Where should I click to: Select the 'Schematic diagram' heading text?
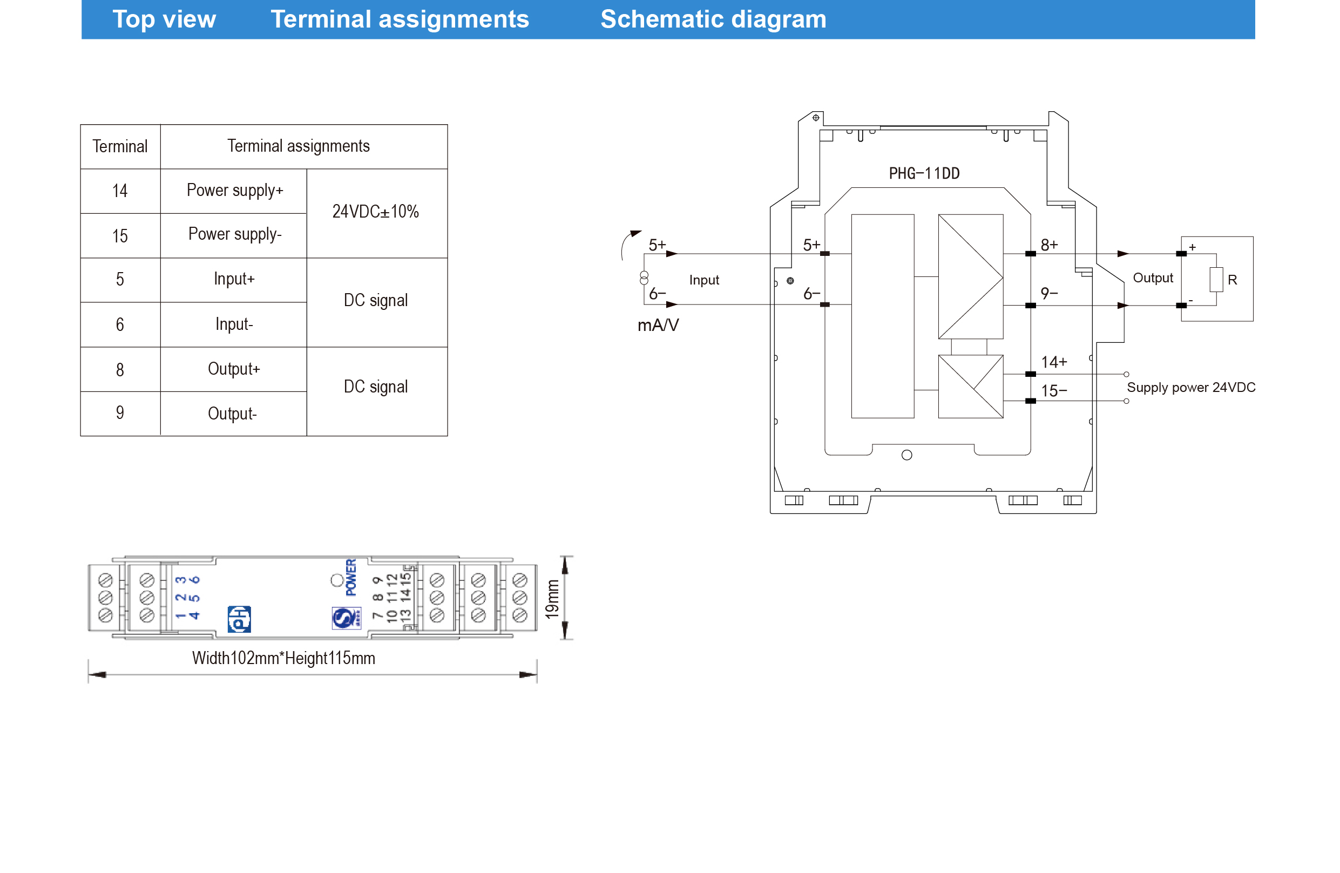pos(713,19)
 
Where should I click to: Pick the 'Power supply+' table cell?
pos(235,190)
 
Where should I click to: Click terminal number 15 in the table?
pos(120,236)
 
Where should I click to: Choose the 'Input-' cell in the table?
pos(234,324)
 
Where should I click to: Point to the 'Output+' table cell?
pos(234,369)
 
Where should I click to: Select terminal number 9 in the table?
pos(120,412)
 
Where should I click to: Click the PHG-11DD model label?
pos(924,173)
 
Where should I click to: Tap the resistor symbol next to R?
pos(1216,280)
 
